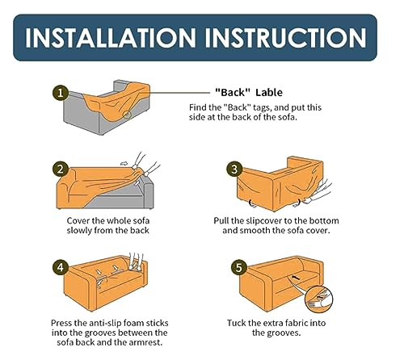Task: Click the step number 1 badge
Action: [x=61, y=93]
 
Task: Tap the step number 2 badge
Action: [x=61, y=170]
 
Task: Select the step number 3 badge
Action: [x=234, y=170]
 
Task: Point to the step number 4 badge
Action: [x=61, y=267]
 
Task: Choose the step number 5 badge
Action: [x=239, y=267]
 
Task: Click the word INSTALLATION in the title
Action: [x=111, y=38]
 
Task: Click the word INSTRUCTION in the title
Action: [x=286, y=38]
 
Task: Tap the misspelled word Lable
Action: [x=269, y=93]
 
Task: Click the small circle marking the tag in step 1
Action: [x=127, y=115]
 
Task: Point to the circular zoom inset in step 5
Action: [x=319, y=299]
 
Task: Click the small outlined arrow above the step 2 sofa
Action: [x=124, y=164]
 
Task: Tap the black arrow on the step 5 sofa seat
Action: [x=296, y=277]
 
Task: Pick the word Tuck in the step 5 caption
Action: [x=236, y=323]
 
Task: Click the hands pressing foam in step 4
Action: [x=136, y=262]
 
